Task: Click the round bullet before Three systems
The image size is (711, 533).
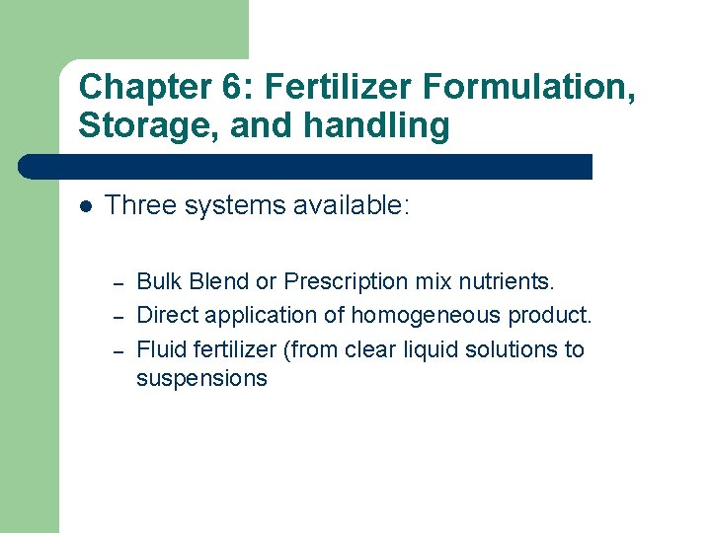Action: pyautogui.click(x=86, y=206)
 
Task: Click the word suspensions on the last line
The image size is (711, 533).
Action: pyautogui.click(x=201, y=378)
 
